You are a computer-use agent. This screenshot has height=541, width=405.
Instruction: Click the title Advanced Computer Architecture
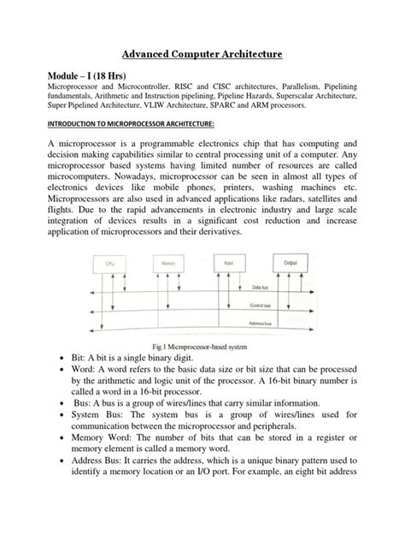point(202,55)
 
